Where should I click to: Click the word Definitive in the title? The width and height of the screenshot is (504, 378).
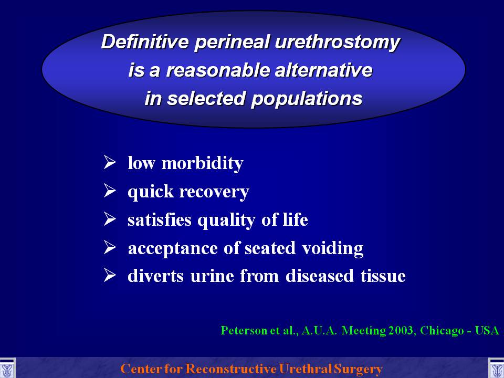pyautogui.click(x=145, y=41)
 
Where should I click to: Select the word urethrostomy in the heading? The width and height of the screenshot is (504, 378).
pyautogui.click(x=338, y=43)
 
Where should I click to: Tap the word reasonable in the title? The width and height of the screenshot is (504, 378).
pyautogui.click(x=217, y=70)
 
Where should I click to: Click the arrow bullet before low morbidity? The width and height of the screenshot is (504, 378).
pyautogui.click(x=110, y=162)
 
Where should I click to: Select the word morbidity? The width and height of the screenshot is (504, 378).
pyautogui.click(x=202, y=163)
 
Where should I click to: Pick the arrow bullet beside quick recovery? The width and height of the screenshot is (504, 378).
pyautogui.click(x=110, y=190)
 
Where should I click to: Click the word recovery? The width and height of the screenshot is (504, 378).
pyautogui.click(x=214, y=192)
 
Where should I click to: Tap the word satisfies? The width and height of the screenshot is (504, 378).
pyautogui.click(x=160, y=220)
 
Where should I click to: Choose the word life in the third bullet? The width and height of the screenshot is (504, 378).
pyautogui.click(x=296, y=219)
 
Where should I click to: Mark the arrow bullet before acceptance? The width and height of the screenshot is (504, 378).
pyautogui.click(x=110, y=247)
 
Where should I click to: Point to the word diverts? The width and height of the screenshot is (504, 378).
pyautogui.click(x=155, y=276)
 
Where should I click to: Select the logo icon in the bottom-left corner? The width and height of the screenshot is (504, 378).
pyautogui.click(x=7, y=368)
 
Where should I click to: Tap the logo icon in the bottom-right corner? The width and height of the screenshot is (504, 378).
pyautogui.click(x=496, y=368)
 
